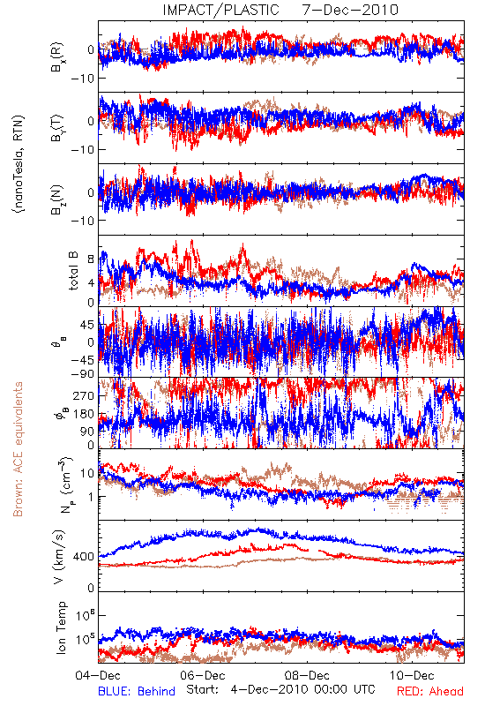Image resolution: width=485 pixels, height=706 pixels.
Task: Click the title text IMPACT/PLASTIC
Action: click(221, 10)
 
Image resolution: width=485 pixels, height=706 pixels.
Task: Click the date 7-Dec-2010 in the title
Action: click(350, 10)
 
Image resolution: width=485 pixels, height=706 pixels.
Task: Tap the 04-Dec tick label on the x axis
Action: click(98, 675)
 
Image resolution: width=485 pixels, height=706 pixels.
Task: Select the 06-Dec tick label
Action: click(203, 675)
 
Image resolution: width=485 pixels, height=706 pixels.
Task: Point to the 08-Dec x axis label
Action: click(307, 675)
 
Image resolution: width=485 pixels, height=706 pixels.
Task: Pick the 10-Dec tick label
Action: click(412, 675)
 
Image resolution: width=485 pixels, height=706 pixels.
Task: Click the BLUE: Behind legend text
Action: click(137, 691)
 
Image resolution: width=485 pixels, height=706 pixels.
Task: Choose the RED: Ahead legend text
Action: click(430, 691)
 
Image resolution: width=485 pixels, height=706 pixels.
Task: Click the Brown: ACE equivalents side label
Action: click(18, 449)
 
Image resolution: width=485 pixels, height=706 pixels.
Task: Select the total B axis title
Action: click(73, 271)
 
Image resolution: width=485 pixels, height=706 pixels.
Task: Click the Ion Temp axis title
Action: click(61, 627)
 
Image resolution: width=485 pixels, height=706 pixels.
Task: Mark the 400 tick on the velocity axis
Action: click(84, 557)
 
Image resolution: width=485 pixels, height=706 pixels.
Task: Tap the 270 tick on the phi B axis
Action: click(84, 396)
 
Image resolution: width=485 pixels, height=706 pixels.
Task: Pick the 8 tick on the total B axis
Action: click(91, 259)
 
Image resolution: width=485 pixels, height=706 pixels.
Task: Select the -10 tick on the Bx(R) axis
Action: click(82, 79)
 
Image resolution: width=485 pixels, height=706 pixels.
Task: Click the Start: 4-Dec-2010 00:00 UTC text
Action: click(280, 689)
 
